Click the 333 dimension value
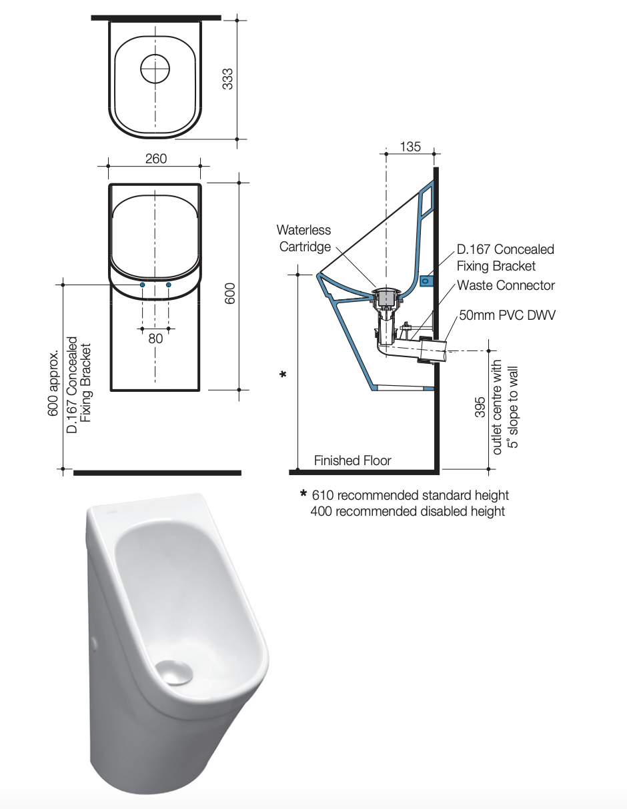[227, 79]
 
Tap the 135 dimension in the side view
[410, 146]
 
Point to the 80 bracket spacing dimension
[155, 338]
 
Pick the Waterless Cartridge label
[304, 238]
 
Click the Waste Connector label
[506, 285]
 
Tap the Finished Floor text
[352, 460]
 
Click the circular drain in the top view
[155, 67]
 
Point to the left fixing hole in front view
[142, 285]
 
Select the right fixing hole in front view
[168, 285]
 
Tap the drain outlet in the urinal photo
[174, 671]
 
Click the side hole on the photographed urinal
[93, 643]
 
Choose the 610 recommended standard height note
[410, 495]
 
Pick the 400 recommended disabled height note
[408, 511]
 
